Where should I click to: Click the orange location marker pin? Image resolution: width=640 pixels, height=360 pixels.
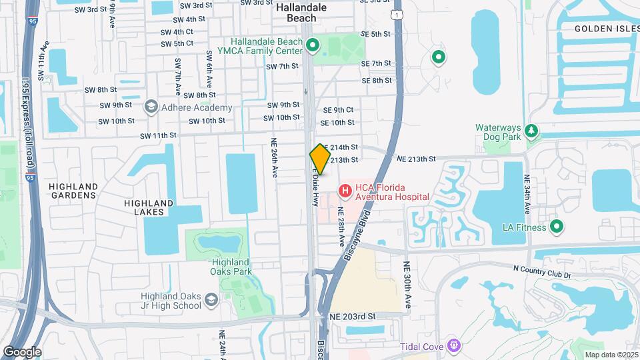(320, 159)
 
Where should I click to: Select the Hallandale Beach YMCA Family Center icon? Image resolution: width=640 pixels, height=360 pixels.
(313, 46)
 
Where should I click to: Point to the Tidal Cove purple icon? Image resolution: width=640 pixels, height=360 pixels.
(454, 345)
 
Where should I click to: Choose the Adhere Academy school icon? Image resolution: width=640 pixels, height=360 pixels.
(151, 107)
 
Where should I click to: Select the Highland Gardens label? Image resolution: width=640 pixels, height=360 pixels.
(73, 191)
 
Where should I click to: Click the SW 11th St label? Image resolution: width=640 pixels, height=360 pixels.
(157, 135)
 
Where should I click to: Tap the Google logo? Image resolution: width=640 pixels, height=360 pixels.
(21, 352)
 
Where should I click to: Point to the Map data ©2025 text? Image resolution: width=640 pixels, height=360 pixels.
(611, 355)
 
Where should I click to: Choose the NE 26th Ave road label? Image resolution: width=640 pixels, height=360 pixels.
(273, 157)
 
